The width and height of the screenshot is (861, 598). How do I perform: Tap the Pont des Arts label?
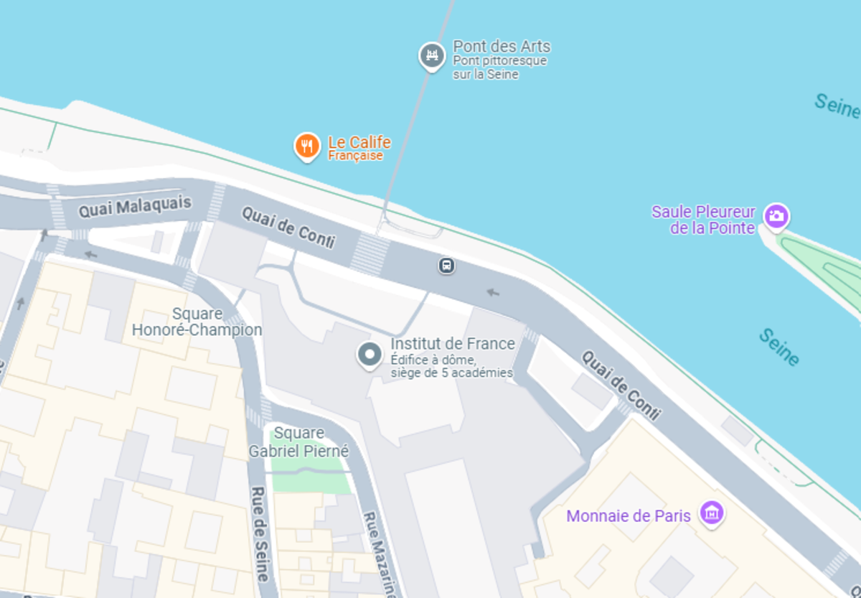click(x=502, y=47)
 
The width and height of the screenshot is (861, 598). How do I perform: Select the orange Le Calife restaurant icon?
click(x=307, y=146)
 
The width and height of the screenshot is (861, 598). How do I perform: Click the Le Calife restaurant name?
click(x=359, y=142)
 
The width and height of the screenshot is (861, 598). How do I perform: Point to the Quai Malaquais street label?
click(x=135, y=207)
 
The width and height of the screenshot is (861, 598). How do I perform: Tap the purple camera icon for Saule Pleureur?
click(x=776, y=215)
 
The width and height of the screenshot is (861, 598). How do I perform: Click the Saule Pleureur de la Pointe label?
click(x=703, y=220)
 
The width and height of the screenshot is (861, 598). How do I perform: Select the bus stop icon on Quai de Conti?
click(x=446, y=266)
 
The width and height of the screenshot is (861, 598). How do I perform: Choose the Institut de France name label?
click(x=453, y=344)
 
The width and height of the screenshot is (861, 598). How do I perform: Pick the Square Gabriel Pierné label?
click(x=298, y=442)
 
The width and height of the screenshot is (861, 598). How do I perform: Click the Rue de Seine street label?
click(x=260, y=533)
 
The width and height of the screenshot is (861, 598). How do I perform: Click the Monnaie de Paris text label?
click(x=629, y=516)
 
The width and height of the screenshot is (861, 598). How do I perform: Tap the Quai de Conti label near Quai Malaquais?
click(x=288, y=227)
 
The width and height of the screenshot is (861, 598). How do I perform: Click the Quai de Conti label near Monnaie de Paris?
click(x=621, y=385)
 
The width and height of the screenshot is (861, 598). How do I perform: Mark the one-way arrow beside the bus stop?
click(x=493, y=292)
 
